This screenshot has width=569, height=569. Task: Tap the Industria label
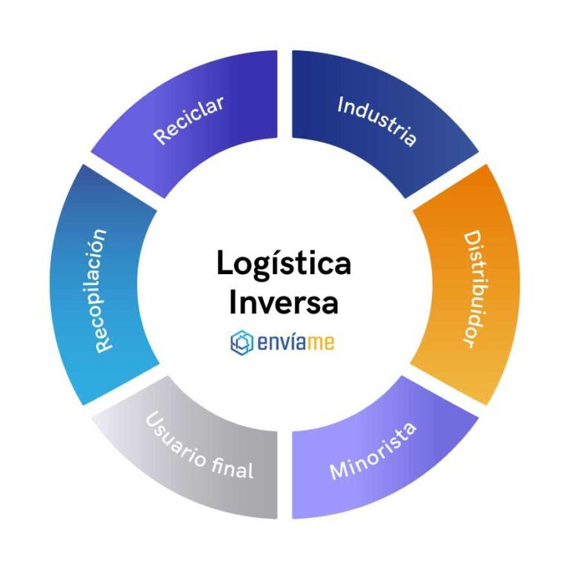377,122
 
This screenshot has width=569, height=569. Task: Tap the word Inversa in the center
284,302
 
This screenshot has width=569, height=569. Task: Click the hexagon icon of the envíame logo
242,342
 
